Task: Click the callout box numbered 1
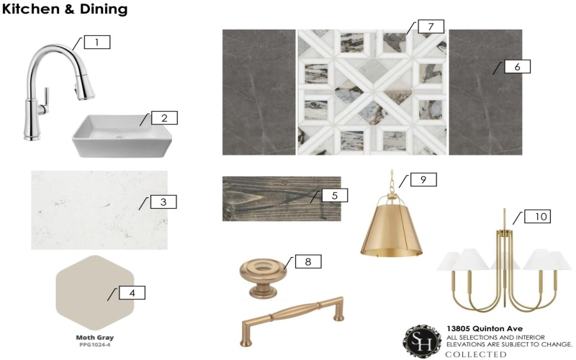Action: point(97,42)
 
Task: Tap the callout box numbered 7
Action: point(431,27)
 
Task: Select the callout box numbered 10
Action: point(537,217)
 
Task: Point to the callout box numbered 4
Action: point(132,293)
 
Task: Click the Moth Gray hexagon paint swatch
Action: point(95,293)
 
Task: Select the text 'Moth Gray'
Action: point(95,337)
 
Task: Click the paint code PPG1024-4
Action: point(95,345)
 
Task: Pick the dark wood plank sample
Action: point(282,199)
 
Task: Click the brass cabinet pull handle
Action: point(293,320)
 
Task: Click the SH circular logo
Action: point(422,341)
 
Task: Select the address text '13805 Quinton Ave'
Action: point(485,329)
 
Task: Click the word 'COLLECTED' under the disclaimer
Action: point(476,354)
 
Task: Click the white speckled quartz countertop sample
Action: point(99,210)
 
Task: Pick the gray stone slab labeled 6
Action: point(485,92)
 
